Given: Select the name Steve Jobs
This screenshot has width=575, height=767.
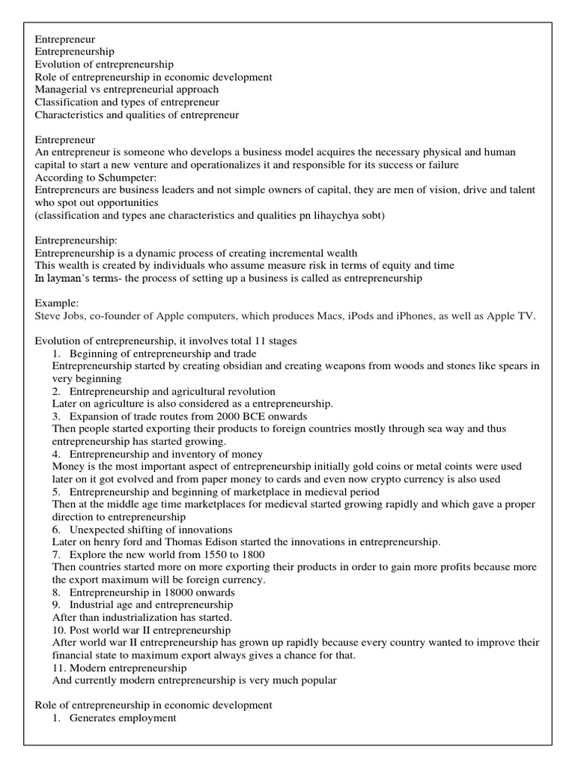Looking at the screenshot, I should click(61, 317).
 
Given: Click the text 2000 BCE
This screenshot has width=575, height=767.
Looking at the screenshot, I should click(236, 416).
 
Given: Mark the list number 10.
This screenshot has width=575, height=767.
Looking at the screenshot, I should click(58, 630).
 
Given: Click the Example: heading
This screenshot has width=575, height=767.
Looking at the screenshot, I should click(57, 303).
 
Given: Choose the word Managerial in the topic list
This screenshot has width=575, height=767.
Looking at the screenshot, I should click(61, 89).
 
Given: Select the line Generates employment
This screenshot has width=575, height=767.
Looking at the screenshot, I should click(123, 718).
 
